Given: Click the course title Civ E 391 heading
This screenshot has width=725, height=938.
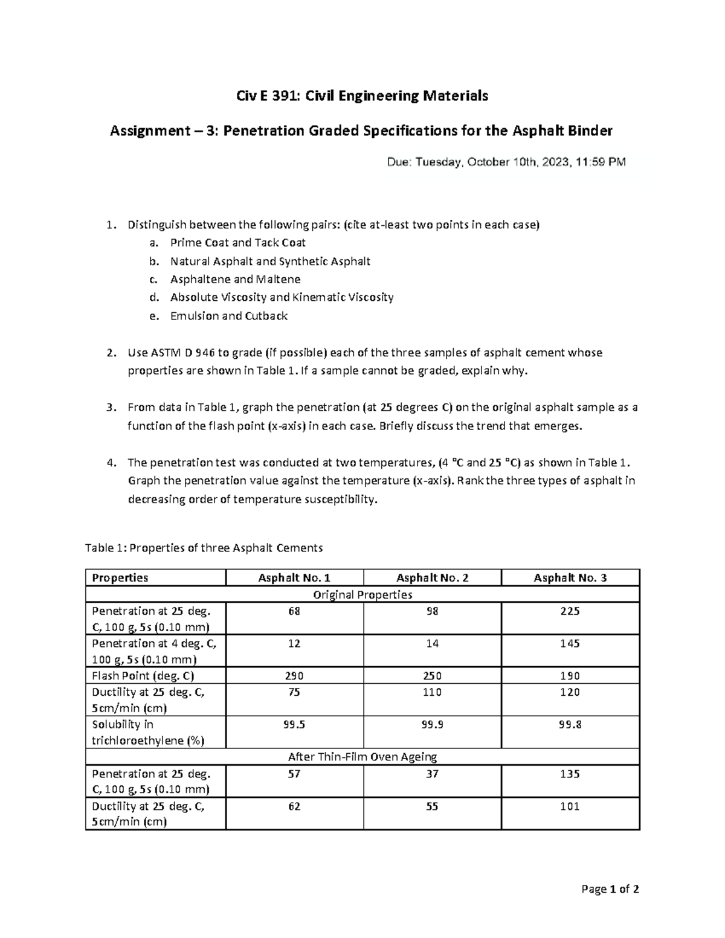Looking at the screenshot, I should tap(362, 95).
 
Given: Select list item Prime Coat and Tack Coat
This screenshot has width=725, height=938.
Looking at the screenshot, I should tap(237, 243).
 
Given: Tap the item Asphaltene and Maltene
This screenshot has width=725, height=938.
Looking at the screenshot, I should tap(235, 279).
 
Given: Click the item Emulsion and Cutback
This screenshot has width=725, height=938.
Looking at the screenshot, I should tap(228, 316).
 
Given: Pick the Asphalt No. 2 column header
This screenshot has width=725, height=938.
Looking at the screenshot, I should tap(432, 578).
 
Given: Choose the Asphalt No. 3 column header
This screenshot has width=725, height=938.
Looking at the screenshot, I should tap(570, 578).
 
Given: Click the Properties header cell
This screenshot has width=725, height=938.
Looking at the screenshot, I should tap(120, 578).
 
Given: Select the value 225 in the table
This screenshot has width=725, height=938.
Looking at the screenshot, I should tap(570, 611).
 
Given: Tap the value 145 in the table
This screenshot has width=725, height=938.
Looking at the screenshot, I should tap(570, 644).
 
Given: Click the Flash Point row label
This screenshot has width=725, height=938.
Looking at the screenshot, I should tap(143, 676).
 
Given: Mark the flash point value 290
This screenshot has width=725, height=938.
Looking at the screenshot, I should tap(294, 676).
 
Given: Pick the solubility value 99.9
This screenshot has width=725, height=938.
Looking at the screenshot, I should tap(432, 725).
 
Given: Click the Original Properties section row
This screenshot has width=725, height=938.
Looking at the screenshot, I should tap(362, 595).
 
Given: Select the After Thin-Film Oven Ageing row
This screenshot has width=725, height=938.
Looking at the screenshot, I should tap(362, 757).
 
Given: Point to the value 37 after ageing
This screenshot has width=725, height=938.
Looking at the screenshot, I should tap(432, 774).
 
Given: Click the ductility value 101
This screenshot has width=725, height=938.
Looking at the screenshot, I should tap(570, 806).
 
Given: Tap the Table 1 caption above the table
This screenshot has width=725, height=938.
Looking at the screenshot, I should tap(204, 548).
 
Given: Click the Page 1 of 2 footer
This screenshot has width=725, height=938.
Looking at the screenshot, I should tap(610, 889).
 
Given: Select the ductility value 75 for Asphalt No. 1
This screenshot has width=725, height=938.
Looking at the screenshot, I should tap(294, 692).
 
